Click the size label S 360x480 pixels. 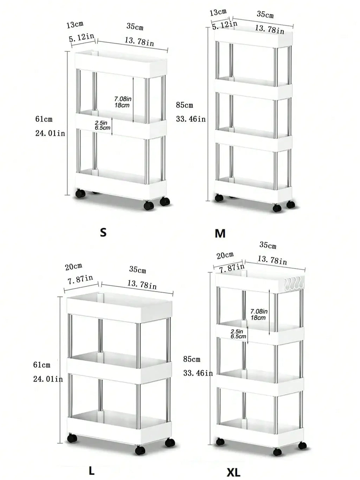coord(103,232)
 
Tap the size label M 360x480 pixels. coord(220,233)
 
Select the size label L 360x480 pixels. coord(92,470)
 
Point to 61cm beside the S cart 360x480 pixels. coord(44,119)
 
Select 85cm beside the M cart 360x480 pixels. coord(185,105)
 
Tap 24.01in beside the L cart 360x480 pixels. coord(48,379)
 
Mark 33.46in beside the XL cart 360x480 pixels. coord(198,373)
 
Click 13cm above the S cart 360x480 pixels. coord(75,25)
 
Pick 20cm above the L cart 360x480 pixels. coord(73,267)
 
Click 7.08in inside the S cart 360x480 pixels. coord(123,99)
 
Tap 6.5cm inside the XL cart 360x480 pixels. coord(238,336)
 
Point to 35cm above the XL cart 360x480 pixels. coord(268,245)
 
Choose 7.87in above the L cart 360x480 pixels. coord(80,279)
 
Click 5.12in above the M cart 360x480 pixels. coord(224,25)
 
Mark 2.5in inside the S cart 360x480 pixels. coord(101,123)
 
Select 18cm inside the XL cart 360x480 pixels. coord(258,318)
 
